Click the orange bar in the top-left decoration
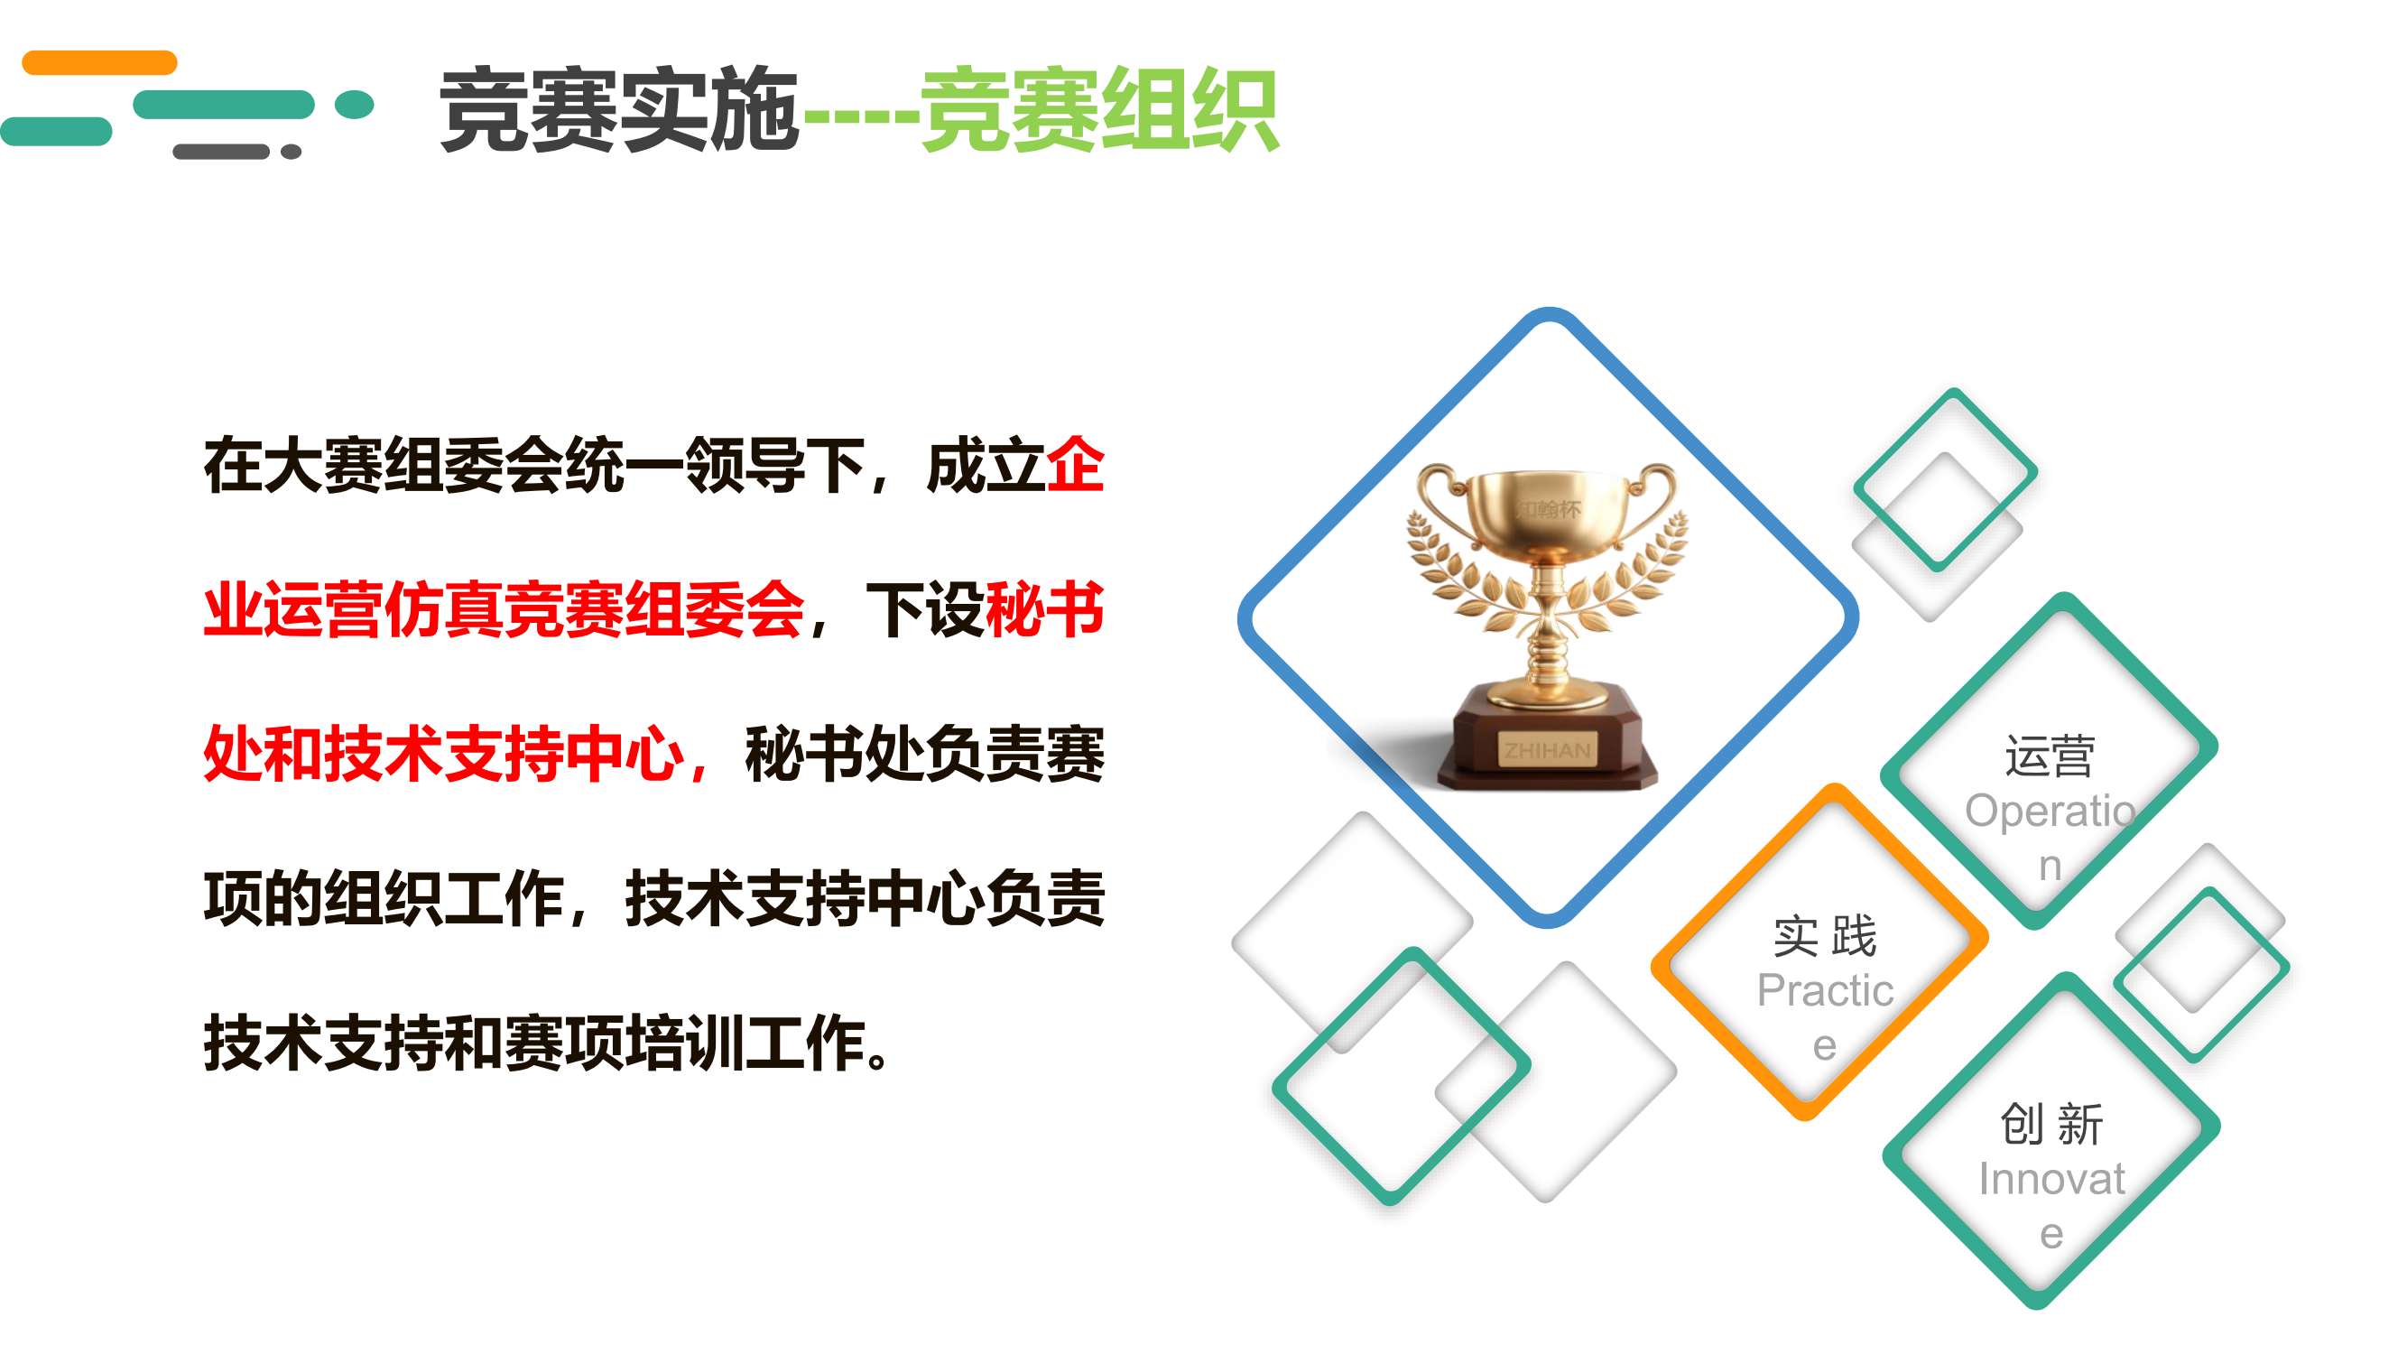click(x=99, y=62)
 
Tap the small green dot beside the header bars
click(x=354, y=105)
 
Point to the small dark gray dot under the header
click(x=291, y=152)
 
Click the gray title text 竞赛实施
click(x=619, y=110)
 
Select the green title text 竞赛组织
click(x=1100, y=110)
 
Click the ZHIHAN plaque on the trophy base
click(x=1546, y=749)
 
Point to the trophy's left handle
click(x=1444, y=505)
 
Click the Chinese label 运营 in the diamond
click(x=2049, y=756)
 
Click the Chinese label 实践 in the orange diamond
click(x=1825, y=936)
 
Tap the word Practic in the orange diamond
click(x=1825, y=990)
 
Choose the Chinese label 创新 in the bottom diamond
click(x=2051, y=1124)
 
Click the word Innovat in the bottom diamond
click(x=2051, y=1179)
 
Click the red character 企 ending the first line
click(x=1076, y=464)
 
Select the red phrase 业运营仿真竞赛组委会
click(x=505, y=609)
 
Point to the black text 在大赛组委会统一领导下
click(x=534, y=464)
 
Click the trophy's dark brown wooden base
click(x=1546, y=738)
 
